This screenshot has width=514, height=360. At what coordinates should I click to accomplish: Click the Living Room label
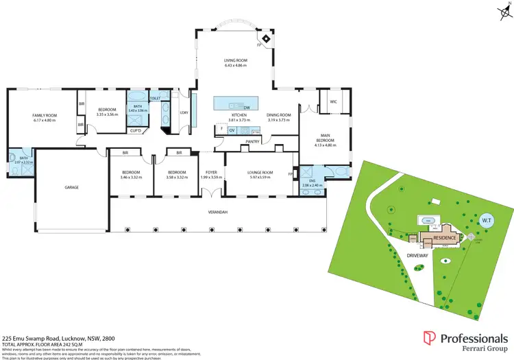pos(235,60)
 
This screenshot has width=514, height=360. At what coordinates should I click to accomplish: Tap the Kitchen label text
pos(239,115)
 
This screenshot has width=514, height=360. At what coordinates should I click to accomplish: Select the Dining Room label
pos(278,115)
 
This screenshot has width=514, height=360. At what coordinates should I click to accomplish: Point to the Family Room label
pos(42,115)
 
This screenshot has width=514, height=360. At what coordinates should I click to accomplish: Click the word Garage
pos(72,187)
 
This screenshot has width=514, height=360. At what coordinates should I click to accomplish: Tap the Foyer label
pos(211,171)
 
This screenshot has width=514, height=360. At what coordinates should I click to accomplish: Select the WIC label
pos(333,101)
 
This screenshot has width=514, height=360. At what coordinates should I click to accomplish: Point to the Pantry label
pos(253,141)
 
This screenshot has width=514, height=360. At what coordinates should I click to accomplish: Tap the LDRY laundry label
pos(184,112)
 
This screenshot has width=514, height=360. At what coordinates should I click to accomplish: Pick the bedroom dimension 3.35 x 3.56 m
pos(108,115)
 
